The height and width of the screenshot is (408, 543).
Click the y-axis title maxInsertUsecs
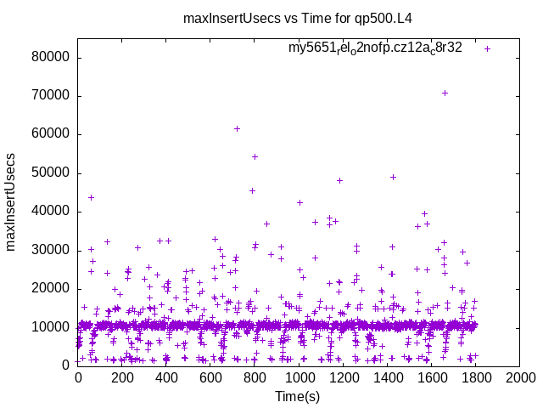11,201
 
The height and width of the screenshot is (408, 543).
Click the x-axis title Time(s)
298,396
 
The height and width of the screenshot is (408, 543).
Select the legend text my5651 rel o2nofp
375,48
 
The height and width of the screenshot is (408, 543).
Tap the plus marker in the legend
487,48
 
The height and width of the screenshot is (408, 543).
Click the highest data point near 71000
445,93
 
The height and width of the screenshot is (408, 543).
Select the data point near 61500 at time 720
237,128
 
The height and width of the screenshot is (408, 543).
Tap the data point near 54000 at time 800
255,156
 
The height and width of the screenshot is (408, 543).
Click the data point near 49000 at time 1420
393,177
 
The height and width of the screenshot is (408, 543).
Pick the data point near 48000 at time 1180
339,180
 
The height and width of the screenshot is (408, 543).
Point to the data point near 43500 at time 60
91,197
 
